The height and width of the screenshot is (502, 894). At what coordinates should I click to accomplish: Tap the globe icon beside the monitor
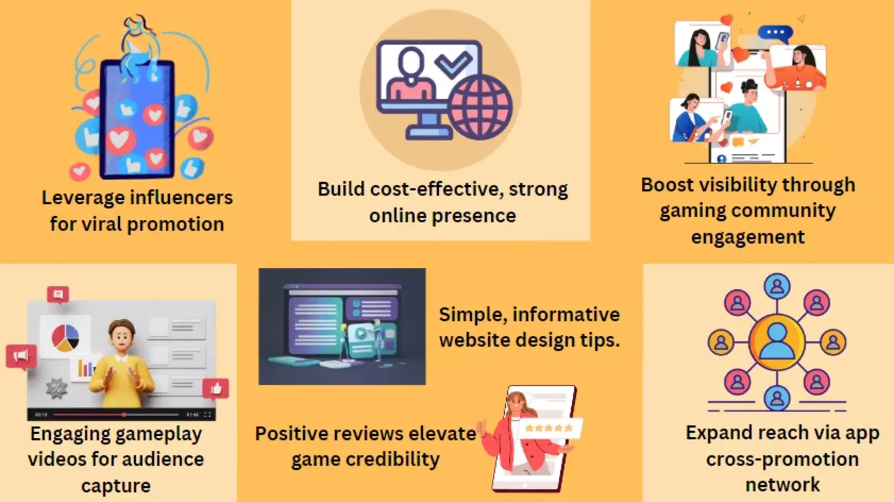click(480, 108)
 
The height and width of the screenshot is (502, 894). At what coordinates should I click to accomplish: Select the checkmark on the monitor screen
click(453, 64)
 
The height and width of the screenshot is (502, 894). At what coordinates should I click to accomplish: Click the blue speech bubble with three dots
click(775, 33)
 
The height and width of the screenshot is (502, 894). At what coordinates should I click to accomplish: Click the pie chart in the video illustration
click(65, 338)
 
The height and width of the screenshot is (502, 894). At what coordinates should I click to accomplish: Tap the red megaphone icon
click(21, 357)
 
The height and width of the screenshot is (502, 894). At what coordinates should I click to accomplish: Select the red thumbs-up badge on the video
click(216, 388)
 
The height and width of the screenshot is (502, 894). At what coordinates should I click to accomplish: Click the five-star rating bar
click(549, 428)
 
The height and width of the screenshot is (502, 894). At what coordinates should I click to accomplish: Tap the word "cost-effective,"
click(437, 190)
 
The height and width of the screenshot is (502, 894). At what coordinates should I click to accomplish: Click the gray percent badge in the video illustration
click(56, 387)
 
